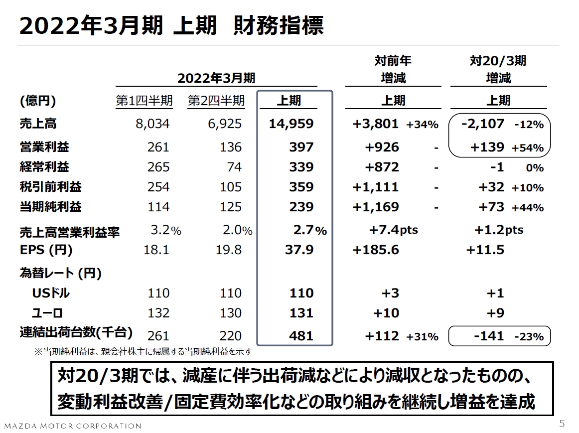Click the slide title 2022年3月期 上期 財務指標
pyautogui.click(x=171, y=26)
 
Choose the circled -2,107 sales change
pyautogui.click(x=483, y=124)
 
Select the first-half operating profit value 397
pyautogui.click(x=301, y=147)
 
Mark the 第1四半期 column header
pyautogui.click(x=145, y=101)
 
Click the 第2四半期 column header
pyautogui.click(x=216, y=101)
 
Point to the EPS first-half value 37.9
pyautogui.click(x=299, y=250)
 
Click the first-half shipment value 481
pyautogui.click(x=301, y=336)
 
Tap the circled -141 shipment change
pyautogui.click(x=489, y=336)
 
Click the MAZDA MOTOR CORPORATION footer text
pyautogui.click(x=73, y=426)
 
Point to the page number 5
pyautogui.click(x=562, y=424)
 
